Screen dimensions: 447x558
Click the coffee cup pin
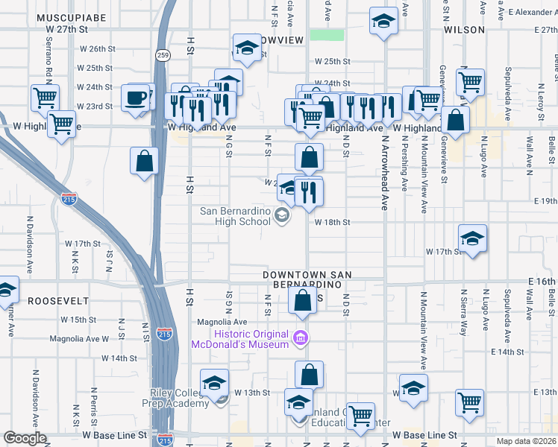click(136, 98)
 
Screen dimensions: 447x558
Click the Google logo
click(25, 438)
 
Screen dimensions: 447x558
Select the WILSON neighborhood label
click(464, 30)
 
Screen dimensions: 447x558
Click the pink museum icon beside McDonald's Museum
click(301, 338)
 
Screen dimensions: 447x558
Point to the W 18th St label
click(332, 222)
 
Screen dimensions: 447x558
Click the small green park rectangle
click(327, 35)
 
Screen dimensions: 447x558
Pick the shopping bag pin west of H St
click(145, 161)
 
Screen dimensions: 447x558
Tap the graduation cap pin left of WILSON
click(383, 21)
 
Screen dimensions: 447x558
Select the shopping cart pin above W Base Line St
click(361, 416)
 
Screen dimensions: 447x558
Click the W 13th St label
click(251, 392)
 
